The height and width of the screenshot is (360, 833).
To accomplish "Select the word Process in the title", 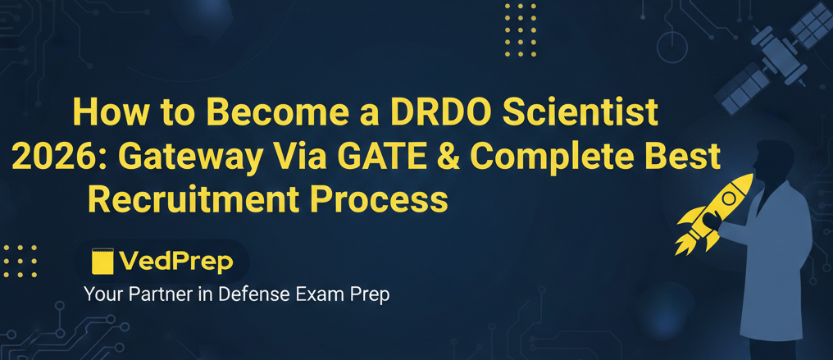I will coord(382,198).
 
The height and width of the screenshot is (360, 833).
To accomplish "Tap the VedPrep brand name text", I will coord(175,262).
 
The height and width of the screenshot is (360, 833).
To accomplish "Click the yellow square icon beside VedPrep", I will coord(102,262).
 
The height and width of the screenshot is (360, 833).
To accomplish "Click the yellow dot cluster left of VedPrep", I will coord(20,260).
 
